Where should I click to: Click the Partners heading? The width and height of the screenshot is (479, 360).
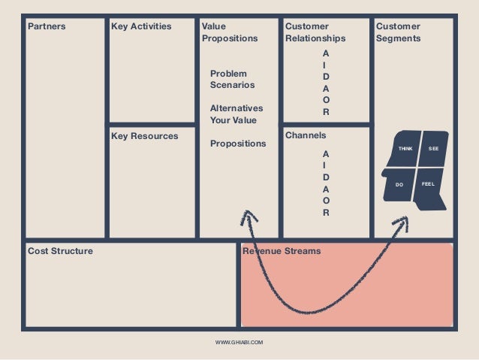[47, 27]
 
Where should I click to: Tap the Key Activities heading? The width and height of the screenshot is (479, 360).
[141, 27]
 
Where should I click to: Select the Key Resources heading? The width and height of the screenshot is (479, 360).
[144, 137]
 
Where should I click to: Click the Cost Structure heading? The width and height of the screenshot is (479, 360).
[61, 251]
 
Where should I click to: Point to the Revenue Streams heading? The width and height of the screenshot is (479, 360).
[282, 251]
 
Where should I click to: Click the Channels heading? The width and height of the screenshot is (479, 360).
[306, 136]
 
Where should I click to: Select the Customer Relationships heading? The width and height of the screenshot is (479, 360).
[315, 32]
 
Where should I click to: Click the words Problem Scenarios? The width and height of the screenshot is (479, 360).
[232, 79]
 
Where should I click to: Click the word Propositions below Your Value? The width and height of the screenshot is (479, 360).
[237, 144]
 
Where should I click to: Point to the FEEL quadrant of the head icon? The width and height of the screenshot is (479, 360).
[428, 183]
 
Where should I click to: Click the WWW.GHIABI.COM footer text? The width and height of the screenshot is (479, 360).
[239, 342]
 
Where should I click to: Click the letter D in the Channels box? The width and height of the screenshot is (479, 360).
[325, 177]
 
